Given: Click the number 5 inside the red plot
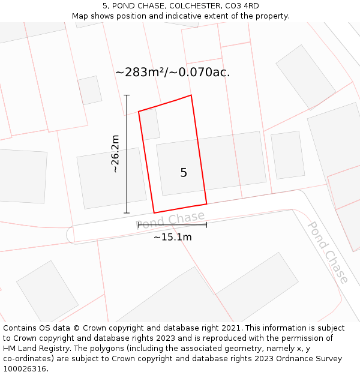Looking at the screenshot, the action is point(184,173).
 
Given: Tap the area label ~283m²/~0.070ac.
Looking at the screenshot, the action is point(172,73).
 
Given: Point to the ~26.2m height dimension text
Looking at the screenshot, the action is point(115,154).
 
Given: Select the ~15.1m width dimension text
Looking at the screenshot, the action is point(172,237).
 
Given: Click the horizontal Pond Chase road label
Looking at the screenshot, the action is point(170,220).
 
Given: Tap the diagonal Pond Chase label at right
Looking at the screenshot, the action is point(328,252).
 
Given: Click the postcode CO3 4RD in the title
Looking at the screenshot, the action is point(242,6).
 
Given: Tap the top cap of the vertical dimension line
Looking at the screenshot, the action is point(127,95).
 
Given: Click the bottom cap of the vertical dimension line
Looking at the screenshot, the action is point(127,212).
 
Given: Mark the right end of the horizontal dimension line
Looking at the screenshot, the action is point(206,225).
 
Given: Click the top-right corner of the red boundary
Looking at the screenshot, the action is point(191,95).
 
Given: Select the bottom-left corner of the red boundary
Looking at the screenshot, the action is point(154,212).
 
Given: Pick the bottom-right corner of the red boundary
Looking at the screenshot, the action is point(206,204).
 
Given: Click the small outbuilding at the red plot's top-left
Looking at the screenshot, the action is point(150,124).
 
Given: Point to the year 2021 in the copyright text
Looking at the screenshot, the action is point(231,328).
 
